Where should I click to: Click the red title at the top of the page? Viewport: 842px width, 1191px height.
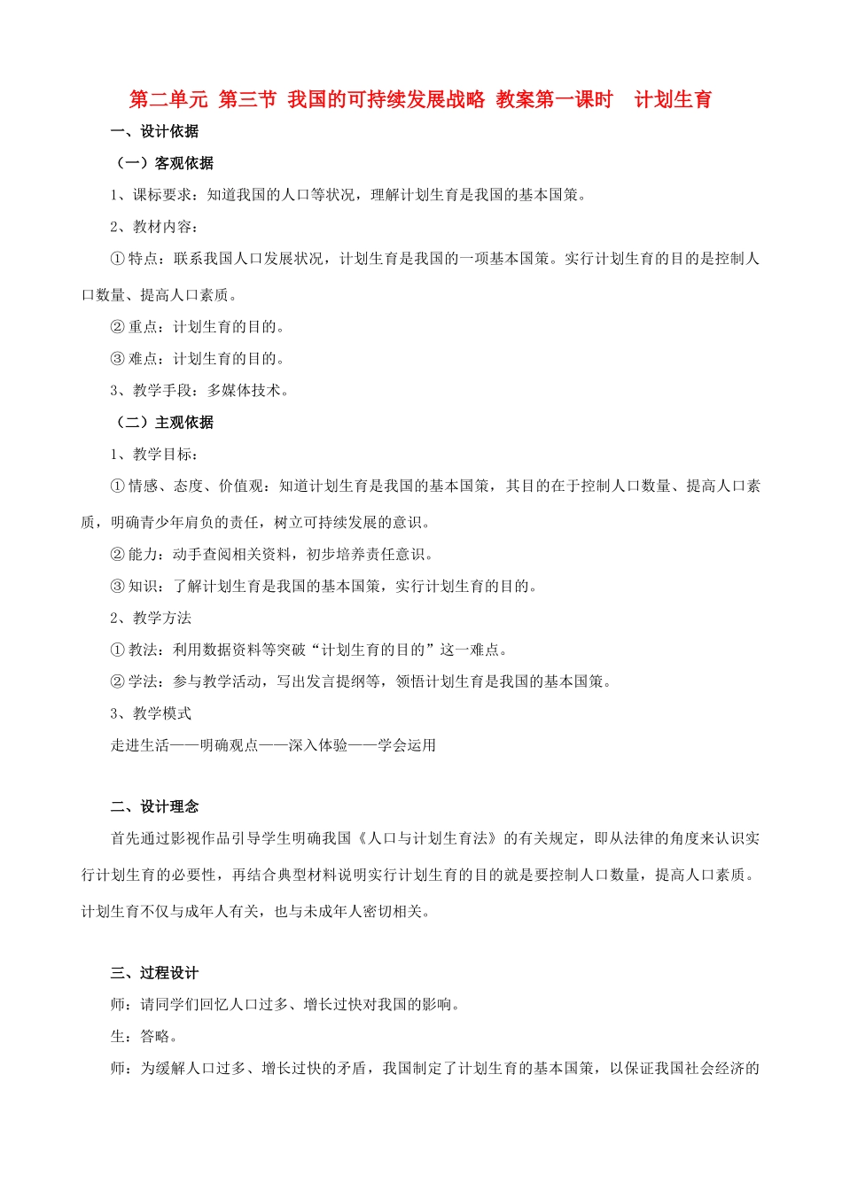pyautogui.click(x=420, y=99)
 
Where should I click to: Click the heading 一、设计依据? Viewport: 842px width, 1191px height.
pyautogui.click(x=154, y=131)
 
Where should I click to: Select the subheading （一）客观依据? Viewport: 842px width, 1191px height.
pyautogui.click(x=165, y=163)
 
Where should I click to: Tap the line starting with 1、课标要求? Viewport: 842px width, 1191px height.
pyautogui.click(x=348, y=195)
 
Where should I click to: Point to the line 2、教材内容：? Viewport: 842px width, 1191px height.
pyautogui.click(x=154, y=227)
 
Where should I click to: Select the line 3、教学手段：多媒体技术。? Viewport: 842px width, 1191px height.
pyautogui.click(x=199, y=390)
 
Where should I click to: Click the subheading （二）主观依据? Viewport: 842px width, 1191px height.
pyautogui.click(x=165, y=423)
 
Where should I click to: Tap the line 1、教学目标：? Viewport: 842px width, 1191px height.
pyautogui.click(x=154, y=455)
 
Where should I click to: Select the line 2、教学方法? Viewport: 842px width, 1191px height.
pyautogui.click(x=151, y=618)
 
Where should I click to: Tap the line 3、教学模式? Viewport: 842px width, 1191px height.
pyautogui.click(x=151, y=713)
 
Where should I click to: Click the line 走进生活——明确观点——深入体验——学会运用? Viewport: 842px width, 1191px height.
pyautogui.click(x=273, y=745)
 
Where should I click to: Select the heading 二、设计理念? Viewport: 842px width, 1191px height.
pyautogui.click(x=154, y=806)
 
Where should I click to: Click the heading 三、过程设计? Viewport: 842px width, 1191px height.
pyautogui.click(x=154, y=973)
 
